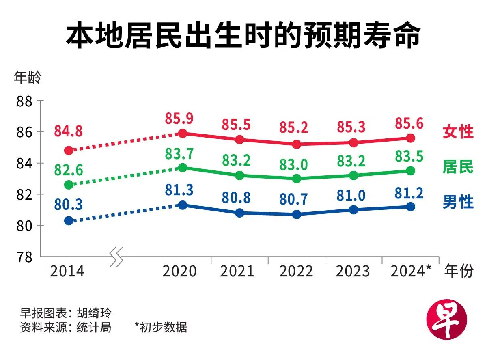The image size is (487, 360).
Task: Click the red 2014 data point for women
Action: tap(69, 151)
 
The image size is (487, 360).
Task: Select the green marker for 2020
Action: tap(183, 168)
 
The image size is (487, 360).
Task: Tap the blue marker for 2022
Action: tap(297, 214)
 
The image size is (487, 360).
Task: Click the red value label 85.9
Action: tap(179, 119)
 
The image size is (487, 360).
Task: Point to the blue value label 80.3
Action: tap(68, 205)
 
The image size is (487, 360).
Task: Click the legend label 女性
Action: tap(458, 132)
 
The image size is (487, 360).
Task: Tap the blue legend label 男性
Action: tap(458, 202)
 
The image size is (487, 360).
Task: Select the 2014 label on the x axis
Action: tap(67, 271)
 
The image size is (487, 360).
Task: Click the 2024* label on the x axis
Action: tap(410, 271)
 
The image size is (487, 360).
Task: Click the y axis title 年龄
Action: tap(27, 78)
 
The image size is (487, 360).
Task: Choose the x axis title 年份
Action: tap(459, 271)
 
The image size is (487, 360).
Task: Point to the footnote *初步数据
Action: tap(161, 327)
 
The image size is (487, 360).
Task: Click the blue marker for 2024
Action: tap(410, 207)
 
